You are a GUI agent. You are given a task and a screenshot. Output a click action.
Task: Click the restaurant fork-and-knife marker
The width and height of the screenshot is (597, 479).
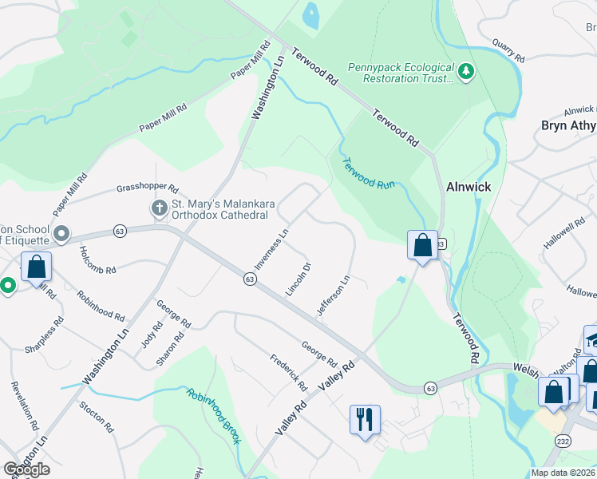click(365, 419)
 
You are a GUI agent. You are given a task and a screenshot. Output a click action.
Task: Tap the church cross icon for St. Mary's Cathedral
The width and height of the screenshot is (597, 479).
click(159, 208)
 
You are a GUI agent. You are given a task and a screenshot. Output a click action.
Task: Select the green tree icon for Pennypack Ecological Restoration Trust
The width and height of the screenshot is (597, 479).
click(466, 73)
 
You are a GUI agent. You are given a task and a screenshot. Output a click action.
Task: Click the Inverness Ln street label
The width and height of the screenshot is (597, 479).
click(271, 249)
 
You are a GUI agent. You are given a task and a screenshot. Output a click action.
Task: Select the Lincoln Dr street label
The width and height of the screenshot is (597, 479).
click(298, 277)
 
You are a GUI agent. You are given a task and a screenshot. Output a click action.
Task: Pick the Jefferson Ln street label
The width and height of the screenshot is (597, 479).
click(334, 296)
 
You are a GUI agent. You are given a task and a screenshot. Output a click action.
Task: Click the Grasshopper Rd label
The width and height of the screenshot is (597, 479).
click(147, 188)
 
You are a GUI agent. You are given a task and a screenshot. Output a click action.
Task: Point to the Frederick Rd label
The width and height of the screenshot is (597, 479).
click(288, 372)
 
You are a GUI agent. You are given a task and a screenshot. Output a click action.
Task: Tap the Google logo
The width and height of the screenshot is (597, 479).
click(26, 469)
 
